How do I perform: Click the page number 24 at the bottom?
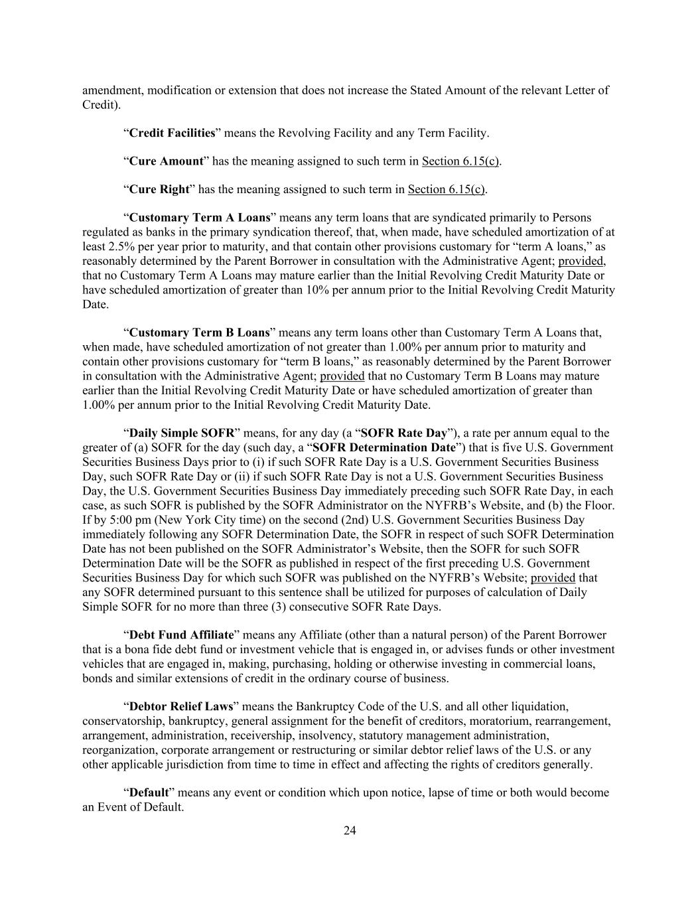[350, 830]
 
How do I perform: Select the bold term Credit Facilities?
[173, 133]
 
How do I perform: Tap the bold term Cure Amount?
[166, 161]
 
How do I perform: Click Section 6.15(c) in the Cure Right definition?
[447, 190]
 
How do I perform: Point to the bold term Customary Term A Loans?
[200, 218]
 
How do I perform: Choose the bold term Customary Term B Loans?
[199, 333]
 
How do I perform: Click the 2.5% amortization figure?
[96, 247]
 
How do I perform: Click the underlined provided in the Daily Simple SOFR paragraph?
[553, 577]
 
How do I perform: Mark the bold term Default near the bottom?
[149, 793]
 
